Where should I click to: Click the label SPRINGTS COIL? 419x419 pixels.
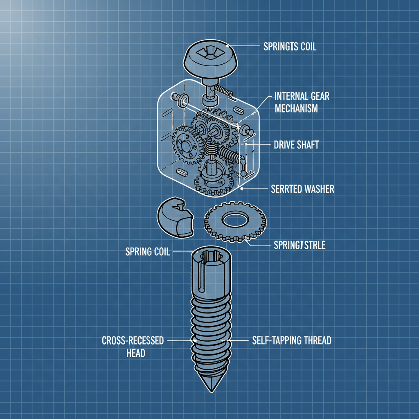[288, 47]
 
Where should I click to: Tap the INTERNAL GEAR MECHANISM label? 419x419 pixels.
[302, 102]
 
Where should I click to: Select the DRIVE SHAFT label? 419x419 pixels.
[295, 145]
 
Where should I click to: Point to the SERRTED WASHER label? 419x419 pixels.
[302, 189]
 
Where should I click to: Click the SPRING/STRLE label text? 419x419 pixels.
[299, 246]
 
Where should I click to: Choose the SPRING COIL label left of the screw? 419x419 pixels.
[147, 251]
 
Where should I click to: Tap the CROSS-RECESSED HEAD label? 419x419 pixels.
[133, 346]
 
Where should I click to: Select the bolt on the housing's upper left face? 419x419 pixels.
[179, 98]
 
